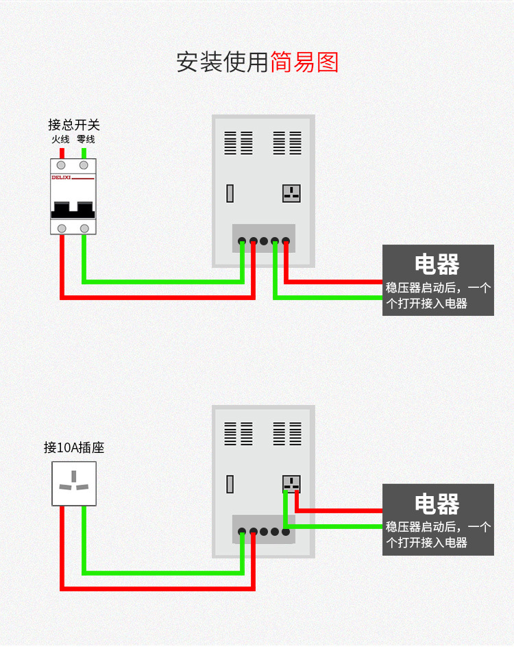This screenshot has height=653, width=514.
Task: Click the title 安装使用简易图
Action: (257, 62)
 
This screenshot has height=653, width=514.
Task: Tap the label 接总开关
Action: (73, 125)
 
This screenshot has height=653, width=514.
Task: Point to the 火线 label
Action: (61, 140)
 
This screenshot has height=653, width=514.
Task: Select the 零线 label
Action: (86, 140)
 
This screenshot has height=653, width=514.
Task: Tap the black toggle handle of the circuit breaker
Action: (73, 207)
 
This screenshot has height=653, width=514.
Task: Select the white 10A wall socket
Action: (74, 483)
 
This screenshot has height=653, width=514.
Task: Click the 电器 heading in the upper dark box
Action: (437, 264)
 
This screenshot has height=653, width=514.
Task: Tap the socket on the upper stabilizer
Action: (291, 193)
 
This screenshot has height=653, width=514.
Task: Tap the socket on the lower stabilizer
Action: (291, 484)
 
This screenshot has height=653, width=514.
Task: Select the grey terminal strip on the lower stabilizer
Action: (264, 529)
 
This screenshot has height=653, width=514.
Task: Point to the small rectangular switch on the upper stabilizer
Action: (230, 194)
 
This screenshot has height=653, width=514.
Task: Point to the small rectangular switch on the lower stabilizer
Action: (230, 484)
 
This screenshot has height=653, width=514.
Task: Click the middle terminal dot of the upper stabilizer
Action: (264, 241)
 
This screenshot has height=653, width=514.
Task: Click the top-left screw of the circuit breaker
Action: (62, 165)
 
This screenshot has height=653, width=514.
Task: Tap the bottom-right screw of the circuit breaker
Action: (84, 228)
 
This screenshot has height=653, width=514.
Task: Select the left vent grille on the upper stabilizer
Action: (238, 143)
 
